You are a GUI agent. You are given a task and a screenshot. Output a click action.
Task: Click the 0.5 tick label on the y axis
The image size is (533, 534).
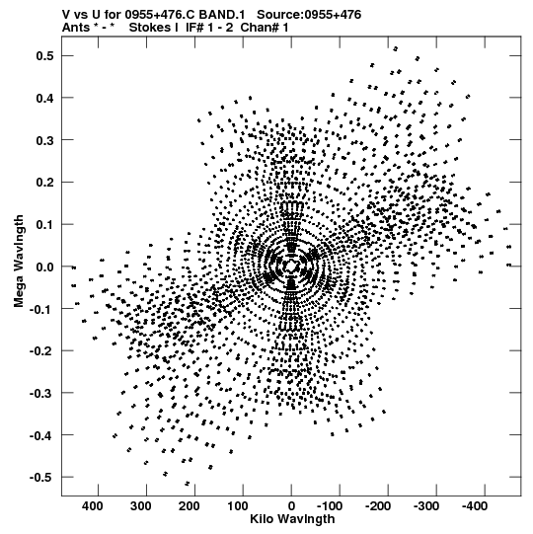(44, 56)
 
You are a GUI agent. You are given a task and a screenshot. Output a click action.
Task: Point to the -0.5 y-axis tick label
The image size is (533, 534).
(41, 477)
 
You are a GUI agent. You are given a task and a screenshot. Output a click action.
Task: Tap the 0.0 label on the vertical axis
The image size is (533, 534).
(44, 267)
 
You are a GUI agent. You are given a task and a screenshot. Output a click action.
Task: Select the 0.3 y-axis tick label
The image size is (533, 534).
(44, 140)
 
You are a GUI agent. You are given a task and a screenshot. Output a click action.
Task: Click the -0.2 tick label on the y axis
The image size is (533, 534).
(41, 350)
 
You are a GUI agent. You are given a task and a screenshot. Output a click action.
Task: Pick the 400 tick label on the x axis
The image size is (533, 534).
(93, 506)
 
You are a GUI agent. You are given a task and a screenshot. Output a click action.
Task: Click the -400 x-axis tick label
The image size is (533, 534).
(475, 506)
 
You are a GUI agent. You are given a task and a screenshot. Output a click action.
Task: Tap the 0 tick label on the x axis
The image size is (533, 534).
(291, 506)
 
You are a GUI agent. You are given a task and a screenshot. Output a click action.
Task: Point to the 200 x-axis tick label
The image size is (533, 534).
(190, 506)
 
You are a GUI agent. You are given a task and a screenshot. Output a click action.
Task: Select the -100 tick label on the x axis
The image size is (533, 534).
(330, 506)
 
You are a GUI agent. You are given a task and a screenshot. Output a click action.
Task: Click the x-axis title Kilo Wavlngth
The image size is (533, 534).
(292, 519)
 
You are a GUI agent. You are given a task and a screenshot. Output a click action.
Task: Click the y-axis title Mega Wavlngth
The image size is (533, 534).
(19, 262)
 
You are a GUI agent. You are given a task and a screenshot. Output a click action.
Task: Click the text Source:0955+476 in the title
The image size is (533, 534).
(309, 15)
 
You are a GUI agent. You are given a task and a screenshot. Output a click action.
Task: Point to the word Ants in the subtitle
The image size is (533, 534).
(76, 28)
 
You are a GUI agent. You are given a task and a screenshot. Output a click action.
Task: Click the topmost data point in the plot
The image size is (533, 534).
(396, 49)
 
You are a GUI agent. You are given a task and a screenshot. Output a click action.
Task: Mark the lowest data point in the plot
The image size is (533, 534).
(187, 484)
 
